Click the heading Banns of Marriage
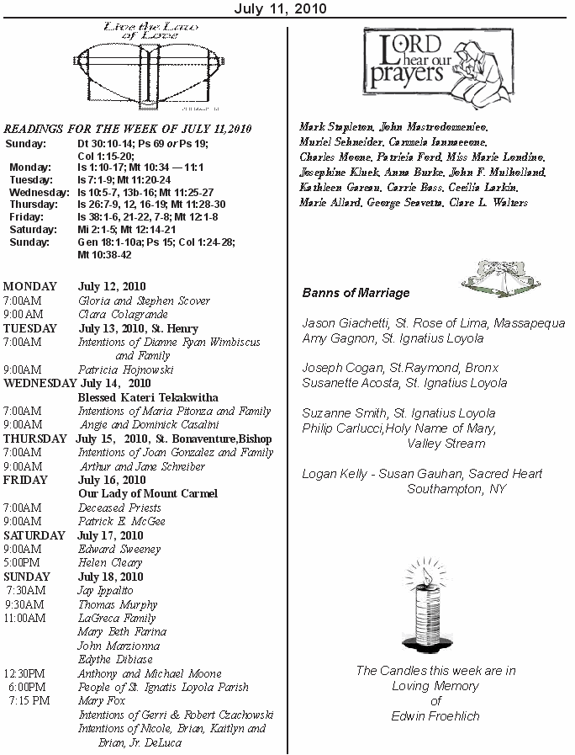(x=356, y=293)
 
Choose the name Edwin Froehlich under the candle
(x=435, y=716)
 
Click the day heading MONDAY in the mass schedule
(x=30, y=286)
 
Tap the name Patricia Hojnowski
(x=125, y=369)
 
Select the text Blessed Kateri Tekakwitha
(x=148, y=397)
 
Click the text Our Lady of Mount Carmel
(x=148, y=493)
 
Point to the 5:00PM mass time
(x=23, y=562)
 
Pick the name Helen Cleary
(x=110, y=562)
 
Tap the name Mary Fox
(x=101, y=700)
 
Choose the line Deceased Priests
(x=119, y=508)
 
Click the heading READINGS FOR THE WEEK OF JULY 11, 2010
(x=128, y=129)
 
